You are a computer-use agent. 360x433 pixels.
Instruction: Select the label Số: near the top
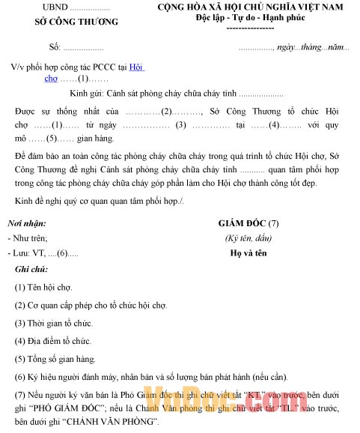tap(55, 47)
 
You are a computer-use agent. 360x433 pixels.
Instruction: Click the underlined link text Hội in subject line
tap(135, 67)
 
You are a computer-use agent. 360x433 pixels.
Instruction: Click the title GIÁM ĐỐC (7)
tap(248, 223)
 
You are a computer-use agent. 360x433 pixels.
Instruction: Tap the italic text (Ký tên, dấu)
tap(248, 237)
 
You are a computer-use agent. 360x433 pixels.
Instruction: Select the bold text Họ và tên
tap(248, 252)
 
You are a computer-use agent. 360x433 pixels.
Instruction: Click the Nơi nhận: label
tap(27, 223)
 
